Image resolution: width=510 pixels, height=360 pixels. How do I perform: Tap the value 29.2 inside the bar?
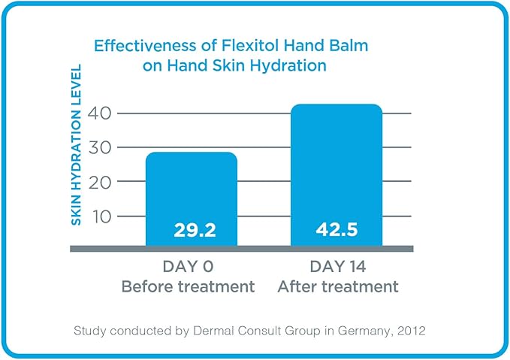click(x=195, y=229)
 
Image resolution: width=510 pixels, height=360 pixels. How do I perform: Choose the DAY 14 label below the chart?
click(x=337, y=268)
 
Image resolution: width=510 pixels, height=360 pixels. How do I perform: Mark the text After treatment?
click(x=337, y=286)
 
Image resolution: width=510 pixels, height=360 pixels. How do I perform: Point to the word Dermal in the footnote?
click(x=207, y=330)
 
